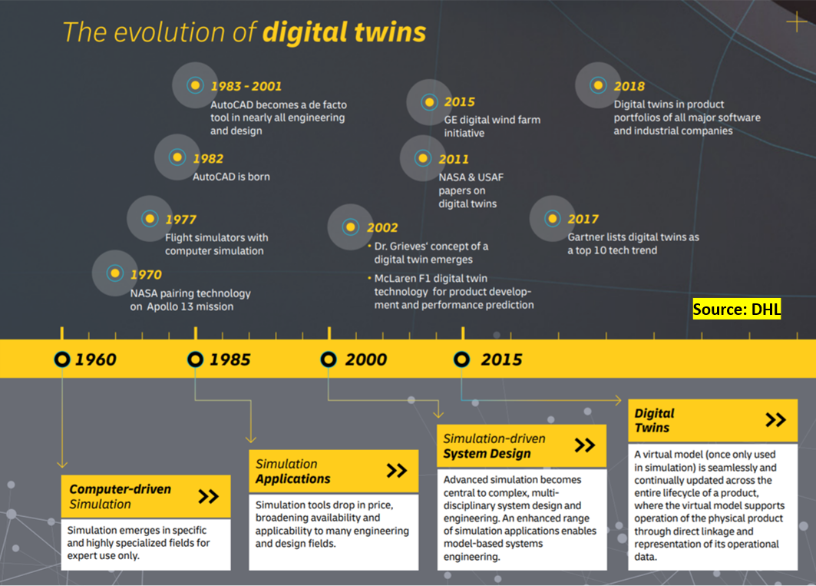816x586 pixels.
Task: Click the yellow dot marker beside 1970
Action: pos(114,273)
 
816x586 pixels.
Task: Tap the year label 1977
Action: pos(180,220)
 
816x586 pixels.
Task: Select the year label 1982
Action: pos(207,158)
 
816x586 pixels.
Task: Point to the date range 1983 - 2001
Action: pos(246,86)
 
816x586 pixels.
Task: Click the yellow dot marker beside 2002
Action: pos(350,227)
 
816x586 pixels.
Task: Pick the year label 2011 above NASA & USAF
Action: pos(453,159)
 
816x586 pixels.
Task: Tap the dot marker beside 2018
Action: pos(598,85)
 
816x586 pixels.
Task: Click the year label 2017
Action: pos(583,220)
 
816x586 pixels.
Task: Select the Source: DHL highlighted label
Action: pos(736,310)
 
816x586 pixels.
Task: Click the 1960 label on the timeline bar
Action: pos(96,359)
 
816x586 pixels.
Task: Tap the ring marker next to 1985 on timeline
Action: pos(195,359)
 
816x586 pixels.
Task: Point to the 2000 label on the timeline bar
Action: pos(366,359)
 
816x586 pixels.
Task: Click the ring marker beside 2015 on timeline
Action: pos(461,359)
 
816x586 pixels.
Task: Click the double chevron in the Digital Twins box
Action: pos(775,420)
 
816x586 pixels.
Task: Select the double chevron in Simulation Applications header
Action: pos(397,471)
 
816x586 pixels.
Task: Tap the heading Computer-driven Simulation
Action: pos(121,496)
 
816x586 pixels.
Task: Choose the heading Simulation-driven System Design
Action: pos(494,446)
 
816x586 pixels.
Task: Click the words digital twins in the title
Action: pos(344,32)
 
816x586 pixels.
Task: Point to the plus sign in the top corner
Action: pos(796,22)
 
